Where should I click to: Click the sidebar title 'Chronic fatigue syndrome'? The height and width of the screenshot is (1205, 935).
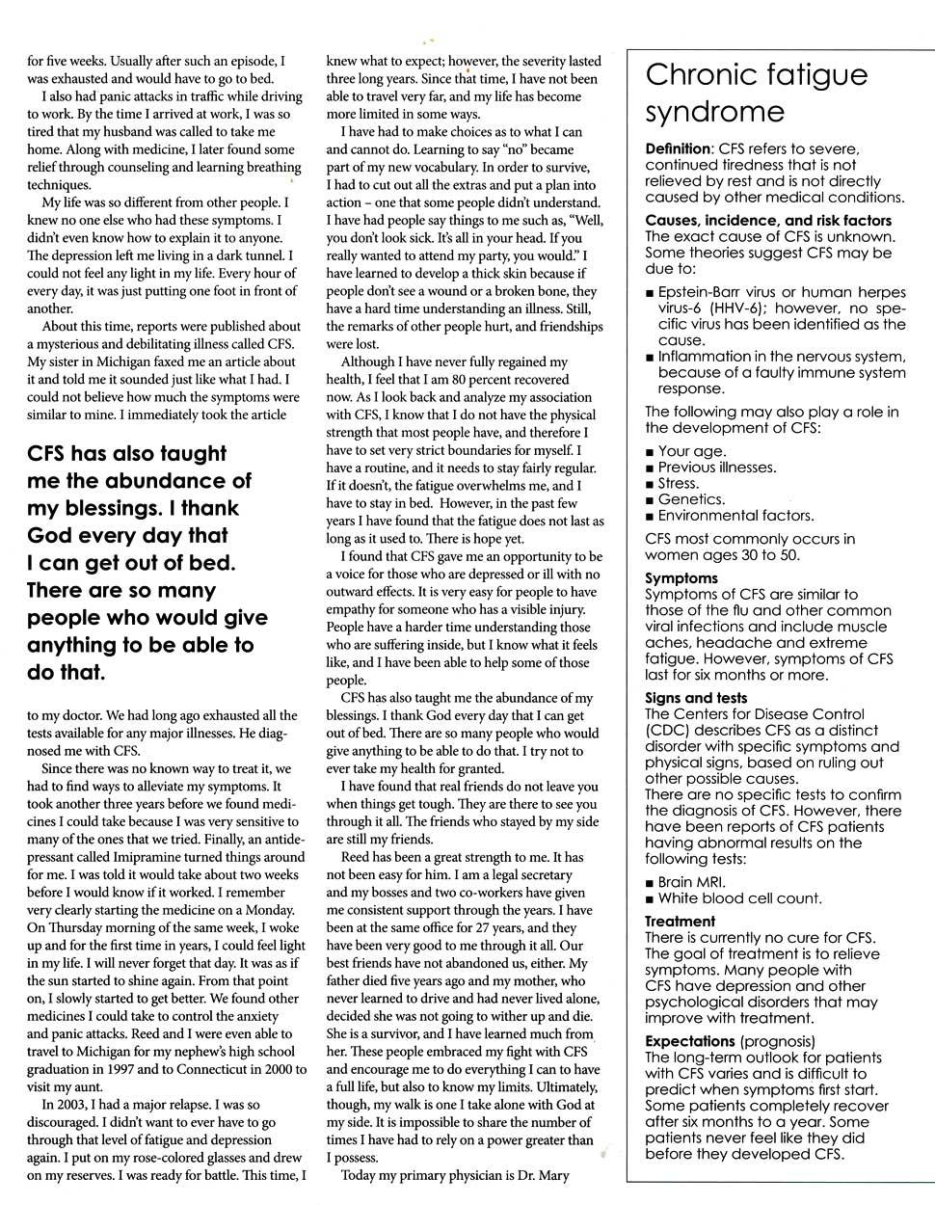coord(742,93)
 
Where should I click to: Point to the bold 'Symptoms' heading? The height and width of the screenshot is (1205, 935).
coord(681,578)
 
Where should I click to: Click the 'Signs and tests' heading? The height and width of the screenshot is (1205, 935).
coord(696,698)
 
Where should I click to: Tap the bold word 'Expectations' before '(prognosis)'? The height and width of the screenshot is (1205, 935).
coord(690,1041)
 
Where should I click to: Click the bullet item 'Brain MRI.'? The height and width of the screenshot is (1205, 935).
coord(692,882)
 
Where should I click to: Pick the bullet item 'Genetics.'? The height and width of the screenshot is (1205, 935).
coord(691,499)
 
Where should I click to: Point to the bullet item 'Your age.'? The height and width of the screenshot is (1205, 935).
coord(692,451)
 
